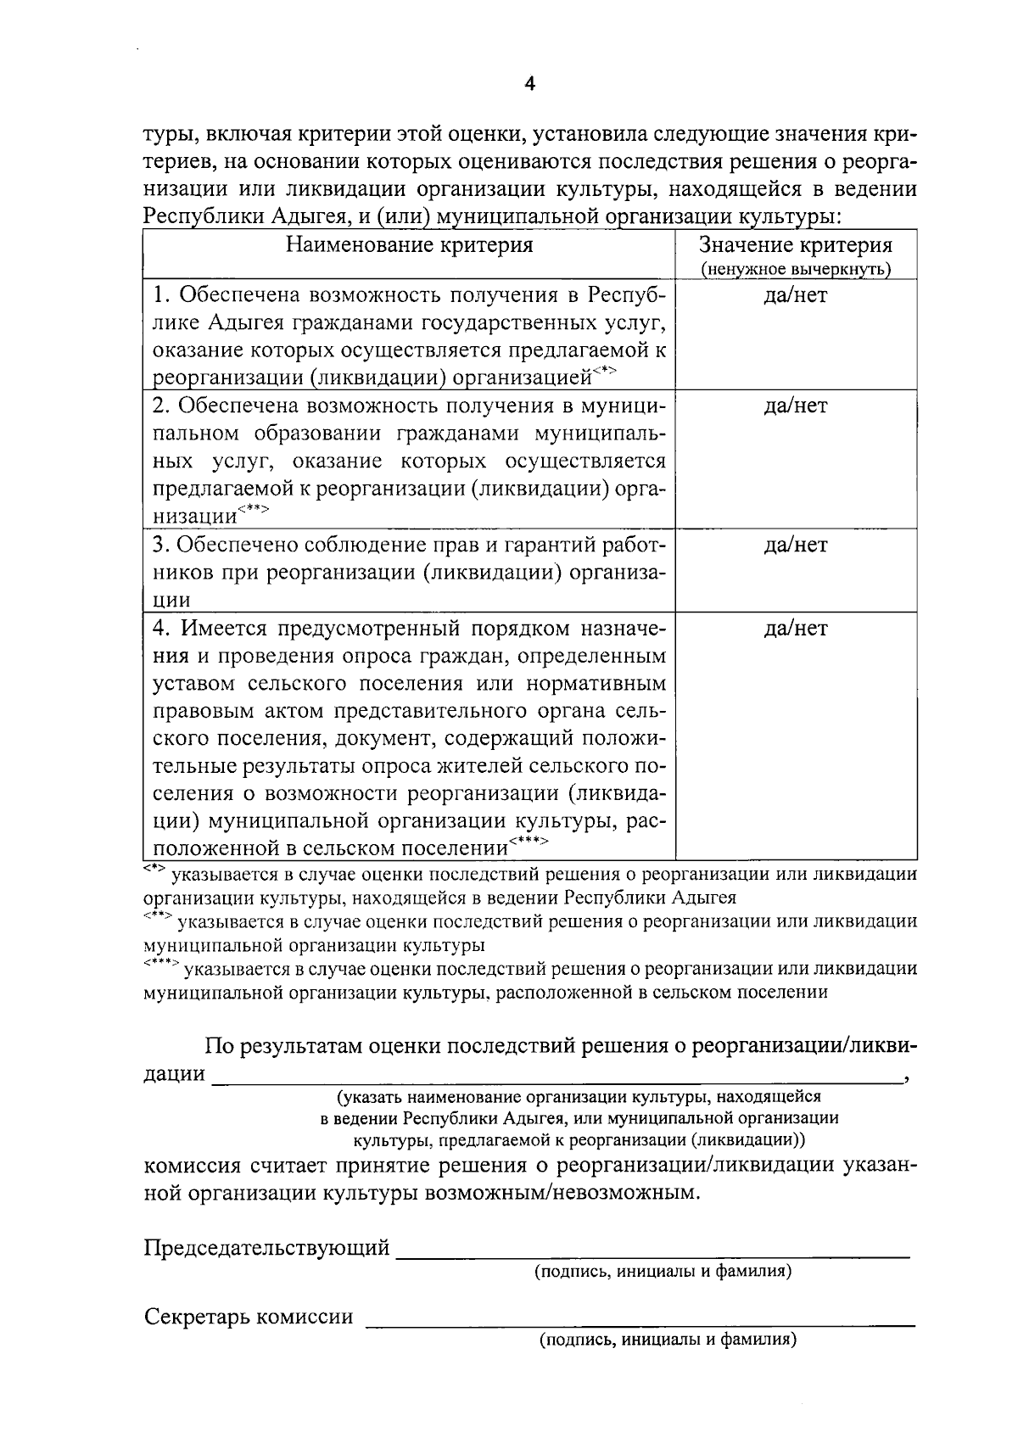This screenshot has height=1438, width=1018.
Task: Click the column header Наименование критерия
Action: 409,245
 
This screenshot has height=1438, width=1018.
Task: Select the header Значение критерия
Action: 795,245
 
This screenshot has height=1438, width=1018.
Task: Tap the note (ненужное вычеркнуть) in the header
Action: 795,269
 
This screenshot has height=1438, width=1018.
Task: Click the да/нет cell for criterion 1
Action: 795,295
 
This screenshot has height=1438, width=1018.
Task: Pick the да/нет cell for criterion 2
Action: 795,406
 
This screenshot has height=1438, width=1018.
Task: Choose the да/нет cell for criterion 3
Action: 795,545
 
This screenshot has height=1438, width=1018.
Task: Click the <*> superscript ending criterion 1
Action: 604,370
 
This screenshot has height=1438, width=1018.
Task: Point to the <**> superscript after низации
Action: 253,509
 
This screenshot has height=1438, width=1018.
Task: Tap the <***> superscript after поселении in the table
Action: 529,841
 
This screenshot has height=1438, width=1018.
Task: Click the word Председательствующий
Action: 266,1248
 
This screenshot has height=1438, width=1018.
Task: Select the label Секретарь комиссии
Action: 248,1317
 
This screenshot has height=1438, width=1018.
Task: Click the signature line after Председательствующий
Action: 653,1253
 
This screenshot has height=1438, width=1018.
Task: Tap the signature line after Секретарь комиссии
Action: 640,1323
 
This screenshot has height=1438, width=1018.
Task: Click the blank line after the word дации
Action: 557,1081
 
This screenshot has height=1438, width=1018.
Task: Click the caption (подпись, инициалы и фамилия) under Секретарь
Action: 666,1340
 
